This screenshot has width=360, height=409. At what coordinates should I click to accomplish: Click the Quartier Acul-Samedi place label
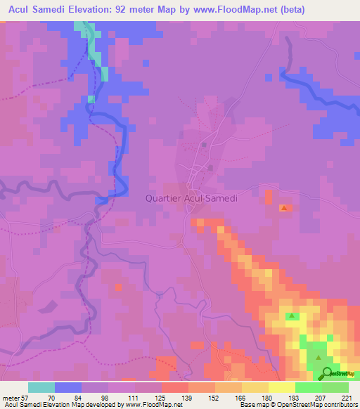pyautogui.click(x=191, y=198)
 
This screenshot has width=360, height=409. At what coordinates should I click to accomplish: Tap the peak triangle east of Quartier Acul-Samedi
pyautogui.click(x=283, y=208)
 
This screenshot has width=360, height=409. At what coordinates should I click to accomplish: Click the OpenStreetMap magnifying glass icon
pyautogui.click(x=326, y=373)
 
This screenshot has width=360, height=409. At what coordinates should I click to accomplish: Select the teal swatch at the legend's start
pyautogui.click(x=41, y=387)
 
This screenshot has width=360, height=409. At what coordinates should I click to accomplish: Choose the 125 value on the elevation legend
pyautogui.click(x=162, y=397)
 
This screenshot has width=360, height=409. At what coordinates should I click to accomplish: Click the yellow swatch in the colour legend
pyautogui.click(x=282, y=387)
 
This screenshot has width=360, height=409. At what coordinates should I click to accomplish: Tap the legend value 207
pyautogui.click(x=322, y=397)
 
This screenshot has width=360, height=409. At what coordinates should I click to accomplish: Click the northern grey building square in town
pyautogui.click(x=204, y=145)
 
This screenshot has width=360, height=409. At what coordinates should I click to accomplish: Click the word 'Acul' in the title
pyautogui.click(x=20, y=9)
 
